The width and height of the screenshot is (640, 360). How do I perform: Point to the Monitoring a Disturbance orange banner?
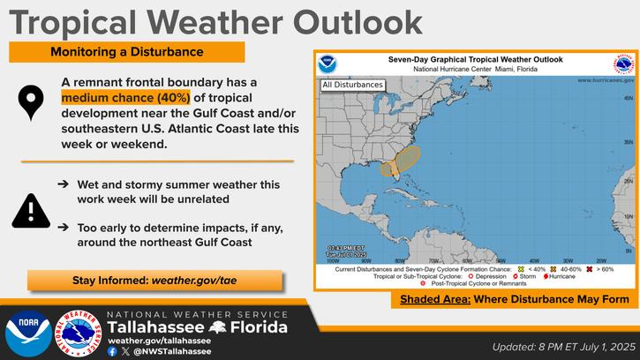tap(126, 52)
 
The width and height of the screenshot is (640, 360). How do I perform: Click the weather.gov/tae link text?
tap(193, 281)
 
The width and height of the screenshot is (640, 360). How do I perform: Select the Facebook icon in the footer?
tap(112, 350)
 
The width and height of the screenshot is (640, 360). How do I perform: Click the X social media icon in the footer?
tap(124, 350)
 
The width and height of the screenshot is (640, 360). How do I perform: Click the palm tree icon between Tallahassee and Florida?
tap(216, 328)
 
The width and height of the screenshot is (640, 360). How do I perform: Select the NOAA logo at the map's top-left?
tap(328, 65)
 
